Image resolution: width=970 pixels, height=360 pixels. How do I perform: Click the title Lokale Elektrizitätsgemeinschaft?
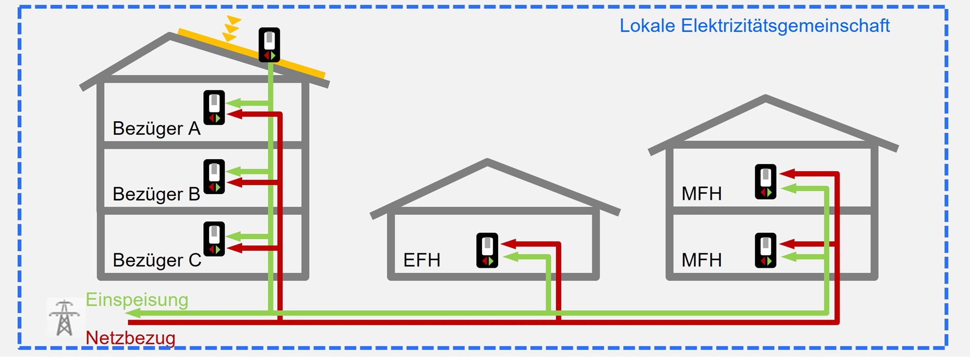[754, 26]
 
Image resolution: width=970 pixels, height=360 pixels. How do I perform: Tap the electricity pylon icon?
[65, 318]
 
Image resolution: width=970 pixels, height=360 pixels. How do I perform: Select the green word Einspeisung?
[137, 300]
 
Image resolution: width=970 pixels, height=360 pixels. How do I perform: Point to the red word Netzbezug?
[130, 338]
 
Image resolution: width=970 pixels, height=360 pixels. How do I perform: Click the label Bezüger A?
[156, 129]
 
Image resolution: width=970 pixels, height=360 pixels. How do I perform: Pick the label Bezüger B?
[156, 194]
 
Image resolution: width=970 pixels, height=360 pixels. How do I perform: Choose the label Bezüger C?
[157, 260]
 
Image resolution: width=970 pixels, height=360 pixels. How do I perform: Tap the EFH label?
[421, 260]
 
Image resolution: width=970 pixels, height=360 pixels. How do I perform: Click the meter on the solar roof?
[269, 45]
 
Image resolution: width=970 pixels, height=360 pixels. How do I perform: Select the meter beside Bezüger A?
[214, 107]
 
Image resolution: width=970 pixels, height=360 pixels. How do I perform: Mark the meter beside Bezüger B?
[214, 177]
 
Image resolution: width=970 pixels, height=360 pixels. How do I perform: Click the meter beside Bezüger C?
[214, 239]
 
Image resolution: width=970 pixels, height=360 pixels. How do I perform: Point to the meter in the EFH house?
[487, 250]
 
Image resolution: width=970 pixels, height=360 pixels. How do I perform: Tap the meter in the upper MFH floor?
[765, 182]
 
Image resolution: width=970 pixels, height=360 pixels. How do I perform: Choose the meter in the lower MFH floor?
[765, 250]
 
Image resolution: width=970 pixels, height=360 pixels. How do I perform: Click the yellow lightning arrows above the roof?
[231, 28]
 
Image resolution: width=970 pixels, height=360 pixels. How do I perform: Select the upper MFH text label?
[701, 194]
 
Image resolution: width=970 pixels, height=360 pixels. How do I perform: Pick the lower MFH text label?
[701, 260]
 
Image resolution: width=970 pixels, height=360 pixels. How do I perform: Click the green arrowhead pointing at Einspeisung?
[133, 313]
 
